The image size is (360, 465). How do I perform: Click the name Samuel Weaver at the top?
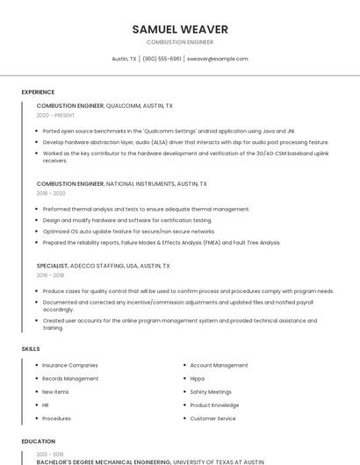pos(179,29)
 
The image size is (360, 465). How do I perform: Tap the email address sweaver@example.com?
pos(217,59)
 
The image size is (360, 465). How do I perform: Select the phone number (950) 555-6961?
pos(162,59)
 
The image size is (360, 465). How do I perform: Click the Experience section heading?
pos(38,92)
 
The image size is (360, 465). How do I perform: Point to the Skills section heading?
pos(31,349)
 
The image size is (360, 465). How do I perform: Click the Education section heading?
pos(39,441)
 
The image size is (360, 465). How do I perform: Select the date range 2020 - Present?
pos(55,115)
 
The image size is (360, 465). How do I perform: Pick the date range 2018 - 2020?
pos(51,193)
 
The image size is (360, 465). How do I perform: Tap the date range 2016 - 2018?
pos(50,275)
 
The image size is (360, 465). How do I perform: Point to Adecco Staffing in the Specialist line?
pos(103,265)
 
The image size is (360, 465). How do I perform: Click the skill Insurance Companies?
pos(70,365)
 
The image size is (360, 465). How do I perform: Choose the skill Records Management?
pos(70,378)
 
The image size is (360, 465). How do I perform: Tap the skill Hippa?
pos(198,378)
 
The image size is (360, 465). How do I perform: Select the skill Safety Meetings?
pos(211,391)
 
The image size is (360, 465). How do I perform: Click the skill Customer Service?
pos(212,418)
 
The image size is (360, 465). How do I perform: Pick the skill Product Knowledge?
pos(214,405)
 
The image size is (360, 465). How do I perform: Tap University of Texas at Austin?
pos(218,461)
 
